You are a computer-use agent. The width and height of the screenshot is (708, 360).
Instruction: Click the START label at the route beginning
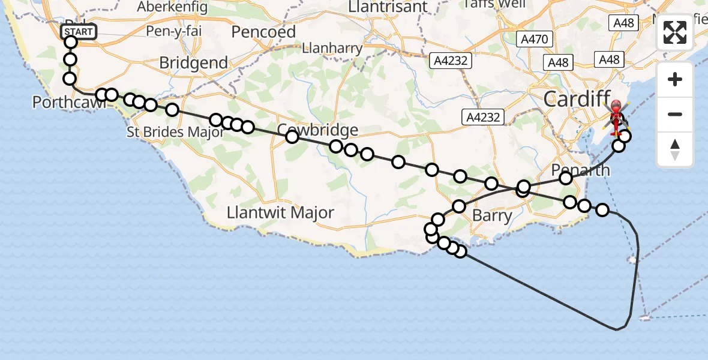point(79,32)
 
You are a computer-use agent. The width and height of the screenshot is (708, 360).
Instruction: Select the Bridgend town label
point(194,63)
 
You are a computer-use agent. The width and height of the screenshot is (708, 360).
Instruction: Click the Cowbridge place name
point(318,130)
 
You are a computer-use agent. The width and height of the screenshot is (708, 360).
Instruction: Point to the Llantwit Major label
point(280,212)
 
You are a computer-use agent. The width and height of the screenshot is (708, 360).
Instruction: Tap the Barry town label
point(492,215)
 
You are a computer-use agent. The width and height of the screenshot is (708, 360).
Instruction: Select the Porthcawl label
point(69,103)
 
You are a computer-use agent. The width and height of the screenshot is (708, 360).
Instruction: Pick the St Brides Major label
point(175,132)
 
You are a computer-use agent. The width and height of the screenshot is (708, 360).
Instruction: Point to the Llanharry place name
point(333,49)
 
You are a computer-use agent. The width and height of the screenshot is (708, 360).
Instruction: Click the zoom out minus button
point(675,115)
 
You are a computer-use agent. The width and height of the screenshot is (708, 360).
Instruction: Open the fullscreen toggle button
point(675,32)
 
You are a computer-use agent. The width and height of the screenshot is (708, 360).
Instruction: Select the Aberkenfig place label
point(172,7)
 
